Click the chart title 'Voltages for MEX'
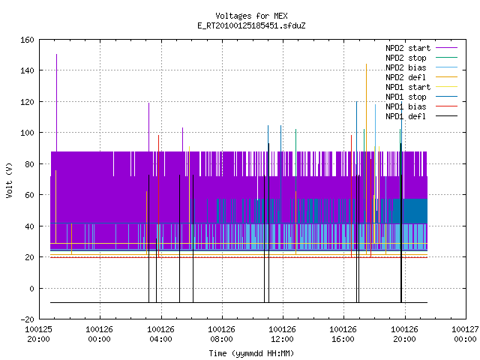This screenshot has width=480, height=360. [x=251, y=16]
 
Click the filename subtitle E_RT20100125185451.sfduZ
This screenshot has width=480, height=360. [x=251, y=25]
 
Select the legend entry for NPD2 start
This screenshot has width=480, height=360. [x=421, y=48]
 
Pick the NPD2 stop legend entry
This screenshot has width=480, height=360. [x=421, y=58]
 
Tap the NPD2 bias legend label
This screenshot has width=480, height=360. [x=406, y=67]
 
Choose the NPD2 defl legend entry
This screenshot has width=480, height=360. [x=421, y=77]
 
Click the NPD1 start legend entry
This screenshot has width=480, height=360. [x=421, y=87]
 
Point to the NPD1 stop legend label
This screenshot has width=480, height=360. [x=406, y=97]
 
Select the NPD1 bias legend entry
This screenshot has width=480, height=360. [x=421, y=106]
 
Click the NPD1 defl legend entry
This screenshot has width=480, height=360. [x=421, y=116]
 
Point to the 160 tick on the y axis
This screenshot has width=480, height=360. [x=27, y=40]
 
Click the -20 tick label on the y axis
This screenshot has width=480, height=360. [x=27, y=319]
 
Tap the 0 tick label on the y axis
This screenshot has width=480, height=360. [x=31, y=288]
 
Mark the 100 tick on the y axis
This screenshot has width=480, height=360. [x=27, y=133]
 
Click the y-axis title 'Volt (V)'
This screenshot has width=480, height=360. [x=9, y=180]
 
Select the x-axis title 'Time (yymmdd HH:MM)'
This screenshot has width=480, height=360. [x=251, y=353]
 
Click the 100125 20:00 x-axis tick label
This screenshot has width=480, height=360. [x=39, y=334]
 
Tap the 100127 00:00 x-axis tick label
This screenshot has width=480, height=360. [x=465, y=334]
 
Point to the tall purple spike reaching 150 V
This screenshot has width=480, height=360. [x=57, y=103]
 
